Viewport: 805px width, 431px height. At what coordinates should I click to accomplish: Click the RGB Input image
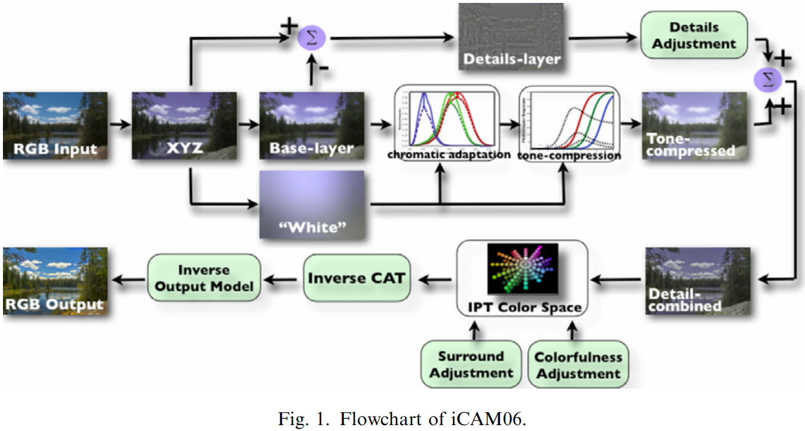tap(55, 125)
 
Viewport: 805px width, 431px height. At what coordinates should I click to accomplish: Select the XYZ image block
tap(184, 125)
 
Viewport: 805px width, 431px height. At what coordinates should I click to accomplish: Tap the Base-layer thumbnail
tap(312, 125)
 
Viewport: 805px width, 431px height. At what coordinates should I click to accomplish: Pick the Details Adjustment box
tap(694, 35)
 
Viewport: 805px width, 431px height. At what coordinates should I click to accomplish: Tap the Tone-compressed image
tap(695, 125)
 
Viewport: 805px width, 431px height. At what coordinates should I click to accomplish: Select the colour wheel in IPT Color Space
tap(522, 268)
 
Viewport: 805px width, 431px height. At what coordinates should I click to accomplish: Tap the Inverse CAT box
tap(356, 278)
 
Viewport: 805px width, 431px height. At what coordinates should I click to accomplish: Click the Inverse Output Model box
tap(204, 278)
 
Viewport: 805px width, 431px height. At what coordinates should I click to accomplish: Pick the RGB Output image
tap(55, 281)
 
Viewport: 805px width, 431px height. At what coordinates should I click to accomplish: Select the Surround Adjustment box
tap(471, 365)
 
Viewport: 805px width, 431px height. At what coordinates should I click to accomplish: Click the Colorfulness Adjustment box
tap(578, 365)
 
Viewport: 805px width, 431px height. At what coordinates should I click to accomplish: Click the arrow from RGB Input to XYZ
tap(120, 125)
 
